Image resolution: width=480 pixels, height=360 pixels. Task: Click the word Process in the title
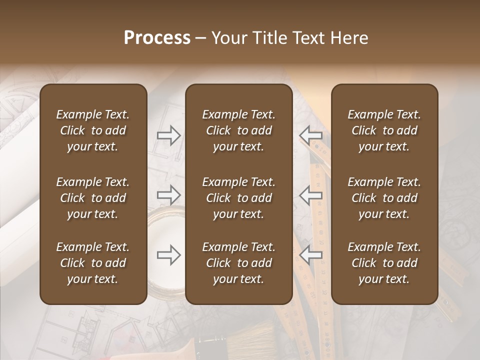pos(157,38)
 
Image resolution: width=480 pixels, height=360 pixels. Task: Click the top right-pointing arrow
pos(169,135)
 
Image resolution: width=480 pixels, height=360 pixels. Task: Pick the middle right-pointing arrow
pos(169,195)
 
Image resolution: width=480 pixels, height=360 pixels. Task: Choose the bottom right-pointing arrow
pos(169,255)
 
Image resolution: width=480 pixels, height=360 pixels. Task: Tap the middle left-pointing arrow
pos(311,195)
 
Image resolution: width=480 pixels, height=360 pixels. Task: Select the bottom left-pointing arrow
pos(311,255)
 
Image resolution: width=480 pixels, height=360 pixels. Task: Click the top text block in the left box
pos(93,130)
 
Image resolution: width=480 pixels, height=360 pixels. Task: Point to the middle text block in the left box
pos(93,198)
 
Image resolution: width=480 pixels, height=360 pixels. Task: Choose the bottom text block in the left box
pos(93,263)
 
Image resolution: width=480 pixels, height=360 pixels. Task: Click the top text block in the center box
pos(239,130)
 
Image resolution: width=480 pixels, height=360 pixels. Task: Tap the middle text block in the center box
pos(239,198)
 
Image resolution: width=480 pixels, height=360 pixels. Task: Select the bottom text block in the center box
pos(239,263)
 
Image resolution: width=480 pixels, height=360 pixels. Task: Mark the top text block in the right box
pos(384,130)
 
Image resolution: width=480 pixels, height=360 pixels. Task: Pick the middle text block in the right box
pos(384,198)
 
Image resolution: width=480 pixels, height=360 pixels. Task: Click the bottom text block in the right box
pos(384,263)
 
